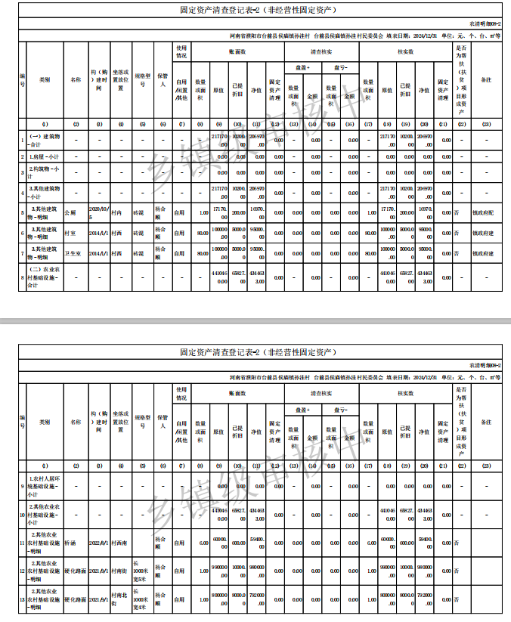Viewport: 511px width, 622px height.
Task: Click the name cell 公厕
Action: (x=71, y=213)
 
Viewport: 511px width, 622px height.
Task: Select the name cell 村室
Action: (x=70, y=234)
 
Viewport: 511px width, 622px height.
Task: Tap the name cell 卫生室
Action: (x=73, y=254)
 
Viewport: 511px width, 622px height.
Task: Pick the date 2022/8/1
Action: (x=99, y=543)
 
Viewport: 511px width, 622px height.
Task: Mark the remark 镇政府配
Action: (x=483, y=213)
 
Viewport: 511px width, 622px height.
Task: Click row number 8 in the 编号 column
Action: (x=23, y=277)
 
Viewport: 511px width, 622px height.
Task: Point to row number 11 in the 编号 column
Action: (x=23, y=543)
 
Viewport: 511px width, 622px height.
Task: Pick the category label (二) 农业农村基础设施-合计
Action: (x=44, y=277)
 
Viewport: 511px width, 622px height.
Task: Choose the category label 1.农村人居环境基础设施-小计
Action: (x=44, y=486)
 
